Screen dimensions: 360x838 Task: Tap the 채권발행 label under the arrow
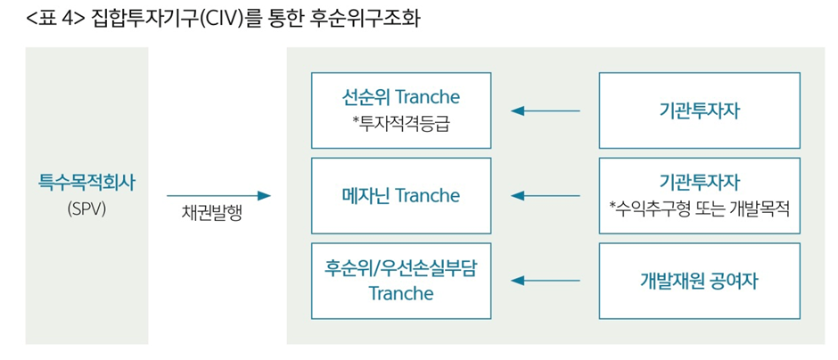[x=211, y=215]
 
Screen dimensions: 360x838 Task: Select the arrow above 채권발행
[x=218, y=195]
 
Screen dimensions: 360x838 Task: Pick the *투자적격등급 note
[x=401, y=122]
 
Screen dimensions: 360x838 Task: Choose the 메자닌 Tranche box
[x=401, y=195]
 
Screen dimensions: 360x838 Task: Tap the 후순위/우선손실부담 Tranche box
[x=401, y=281]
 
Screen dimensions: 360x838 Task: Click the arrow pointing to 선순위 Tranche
[x=545, y=110]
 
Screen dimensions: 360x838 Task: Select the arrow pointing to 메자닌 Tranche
[x=545, y=195]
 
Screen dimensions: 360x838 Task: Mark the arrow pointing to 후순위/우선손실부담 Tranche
[x=545, y=281]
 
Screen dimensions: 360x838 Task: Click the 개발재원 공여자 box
[x=700, y=281]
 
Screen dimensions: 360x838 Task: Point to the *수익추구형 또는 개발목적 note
[x=700, y=209]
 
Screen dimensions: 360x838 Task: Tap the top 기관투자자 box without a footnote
[x=700, y=110]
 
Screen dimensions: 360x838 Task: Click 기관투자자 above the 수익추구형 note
[x=700, y=182]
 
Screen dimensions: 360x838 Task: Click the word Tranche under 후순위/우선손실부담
[x=401, y=293]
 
